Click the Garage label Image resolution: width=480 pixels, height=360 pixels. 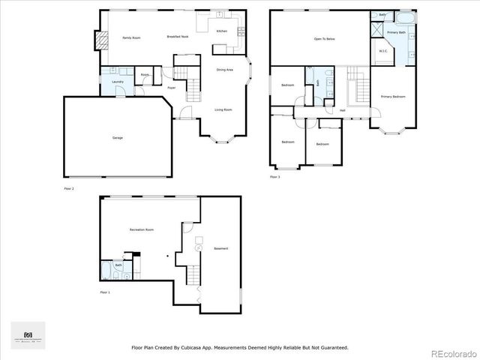pyautogui.click(x=118, y=138)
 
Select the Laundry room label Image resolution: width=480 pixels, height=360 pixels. pyautogui.click(x=118, y=81)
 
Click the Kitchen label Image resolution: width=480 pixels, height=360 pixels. pyautogui.click(x=222, y=31)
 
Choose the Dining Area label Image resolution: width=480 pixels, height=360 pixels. pyautogui.click(x=224, y=70)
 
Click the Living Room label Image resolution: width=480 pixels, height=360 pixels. pyautogui.click(x=223, y=109)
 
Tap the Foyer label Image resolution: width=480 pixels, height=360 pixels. pyautogui.click(x=172, y=88)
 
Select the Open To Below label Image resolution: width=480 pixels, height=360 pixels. pyautogui.click(x=324, y=38)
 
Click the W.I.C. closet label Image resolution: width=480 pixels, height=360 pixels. pyautogui.click(x=382, y=51)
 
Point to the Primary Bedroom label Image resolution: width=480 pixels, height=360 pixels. pyautogui.click(x=393, y=97)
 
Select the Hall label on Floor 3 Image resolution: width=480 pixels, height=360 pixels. pyautogui.click(x=342, y=110)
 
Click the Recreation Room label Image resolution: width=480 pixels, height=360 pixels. pyautogui.click(x=141, y=229)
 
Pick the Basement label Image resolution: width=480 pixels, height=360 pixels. pyautogui.click(x=220, y=248)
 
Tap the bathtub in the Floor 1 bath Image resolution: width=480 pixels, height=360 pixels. pyautogui.click(x=106, y=271)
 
